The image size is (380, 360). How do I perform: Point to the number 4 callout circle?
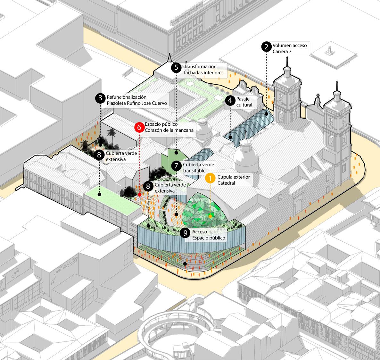[x=229, y=101]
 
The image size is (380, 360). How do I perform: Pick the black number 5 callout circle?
[x=176, y=68]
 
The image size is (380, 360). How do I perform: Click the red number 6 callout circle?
[x=139, y=127]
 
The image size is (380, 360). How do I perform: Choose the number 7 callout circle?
[x=176, y=166]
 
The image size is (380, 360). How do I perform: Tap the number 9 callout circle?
[x=185, y=233]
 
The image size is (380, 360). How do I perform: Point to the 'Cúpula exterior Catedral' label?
[x=233, y=180]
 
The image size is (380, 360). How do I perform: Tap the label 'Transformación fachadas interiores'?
[x=203, y=70]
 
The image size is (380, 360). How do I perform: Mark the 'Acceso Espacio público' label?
[x=208, y=235]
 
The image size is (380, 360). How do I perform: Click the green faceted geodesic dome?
[x=205, y=210]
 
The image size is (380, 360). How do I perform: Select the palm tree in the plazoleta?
[x=112, y=133]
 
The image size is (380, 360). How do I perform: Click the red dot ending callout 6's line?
[x=140, y=195]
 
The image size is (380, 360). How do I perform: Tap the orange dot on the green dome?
[x=210, y=216]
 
